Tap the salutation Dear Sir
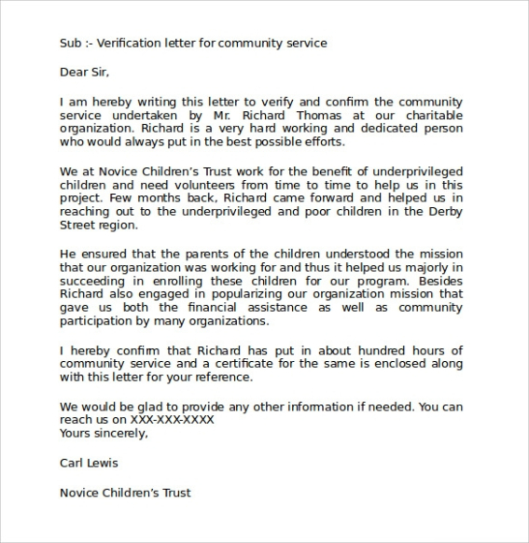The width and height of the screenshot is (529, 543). [90, 71]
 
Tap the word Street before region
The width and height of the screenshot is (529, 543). [78, 226]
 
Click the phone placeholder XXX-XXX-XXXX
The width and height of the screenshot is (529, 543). [172, 420]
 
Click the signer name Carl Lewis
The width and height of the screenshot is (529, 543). [89, 463]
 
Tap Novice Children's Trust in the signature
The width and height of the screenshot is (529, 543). [125, 492]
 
